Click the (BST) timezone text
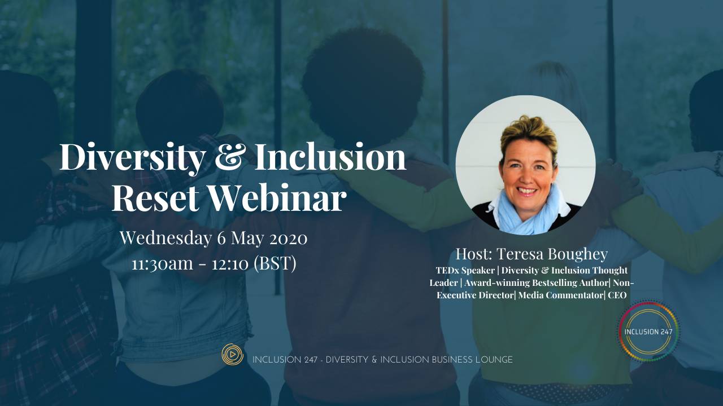[275, 263]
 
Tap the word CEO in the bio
[617, 295]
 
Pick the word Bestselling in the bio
[561, 283]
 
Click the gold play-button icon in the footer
[232, 354]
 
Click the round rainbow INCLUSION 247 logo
[648, 331]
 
